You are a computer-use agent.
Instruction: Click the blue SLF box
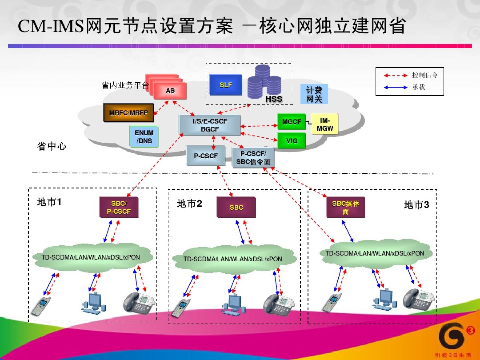point(226,85)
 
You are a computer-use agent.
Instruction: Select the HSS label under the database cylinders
point(274,99)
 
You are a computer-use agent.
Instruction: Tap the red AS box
point(170,90)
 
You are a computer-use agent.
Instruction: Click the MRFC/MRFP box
point(128,113)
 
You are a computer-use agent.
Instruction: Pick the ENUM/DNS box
point(144,137)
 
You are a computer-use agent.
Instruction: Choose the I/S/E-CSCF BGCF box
point(210,125)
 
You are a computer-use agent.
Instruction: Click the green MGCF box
point(291,122)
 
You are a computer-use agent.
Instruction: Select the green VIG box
point(292,141)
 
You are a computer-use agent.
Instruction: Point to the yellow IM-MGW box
point(325,124)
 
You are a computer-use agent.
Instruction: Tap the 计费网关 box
point(314,94)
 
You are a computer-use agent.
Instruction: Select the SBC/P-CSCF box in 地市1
point(119,207)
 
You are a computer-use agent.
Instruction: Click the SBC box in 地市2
point(236,207)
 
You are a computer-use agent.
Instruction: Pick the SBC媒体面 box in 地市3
point(346,207)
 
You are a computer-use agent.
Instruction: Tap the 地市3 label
point(416,205)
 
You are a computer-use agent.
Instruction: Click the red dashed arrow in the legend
point(395,75)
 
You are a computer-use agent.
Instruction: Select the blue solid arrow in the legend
point(395,87)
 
